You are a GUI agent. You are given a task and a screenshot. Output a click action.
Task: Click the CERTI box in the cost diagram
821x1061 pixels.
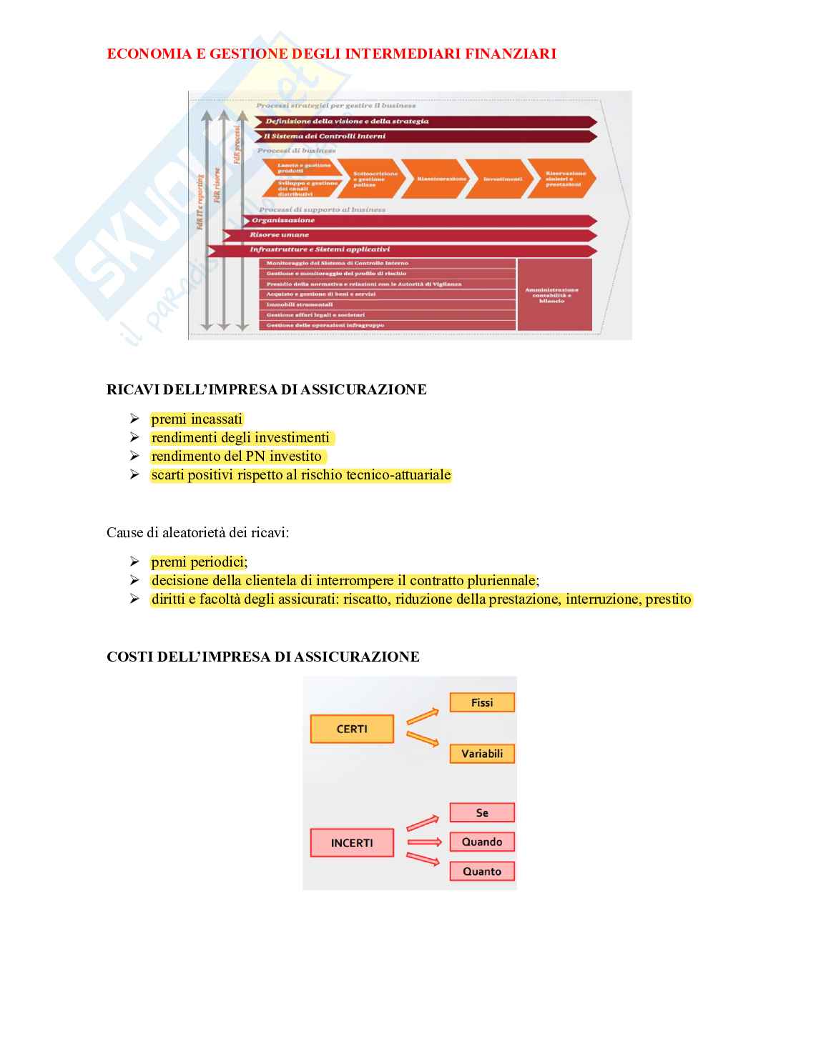click(x=352, y=729)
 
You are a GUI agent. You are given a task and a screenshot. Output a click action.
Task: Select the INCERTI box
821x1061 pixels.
click(x=352, y=842)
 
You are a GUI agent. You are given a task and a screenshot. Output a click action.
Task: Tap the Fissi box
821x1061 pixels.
click(x=482, y=702)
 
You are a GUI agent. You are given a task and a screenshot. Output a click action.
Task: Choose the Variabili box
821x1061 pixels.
click(x=482, y=754)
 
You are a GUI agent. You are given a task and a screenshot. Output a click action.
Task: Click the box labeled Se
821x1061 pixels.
click(x=482, y=812)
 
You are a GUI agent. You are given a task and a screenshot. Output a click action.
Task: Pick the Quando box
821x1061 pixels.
click(x=482, y=842)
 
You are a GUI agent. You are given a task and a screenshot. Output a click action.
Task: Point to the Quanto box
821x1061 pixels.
click(x=482, y=871)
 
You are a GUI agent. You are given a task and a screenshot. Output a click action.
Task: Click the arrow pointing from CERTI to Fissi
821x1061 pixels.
click(x=422, y=716)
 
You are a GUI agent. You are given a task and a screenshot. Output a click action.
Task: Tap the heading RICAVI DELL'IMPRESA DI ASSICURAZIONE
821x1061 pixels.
click(x=266, y=389)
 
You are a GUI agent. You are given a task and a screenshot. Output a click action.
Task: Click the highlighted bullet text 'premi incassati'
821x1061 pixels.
click(x=197, y=419)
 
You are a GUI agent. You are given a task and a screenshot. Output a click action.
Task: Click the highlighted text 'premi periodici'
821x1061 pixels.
click(x=198, y=562)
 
